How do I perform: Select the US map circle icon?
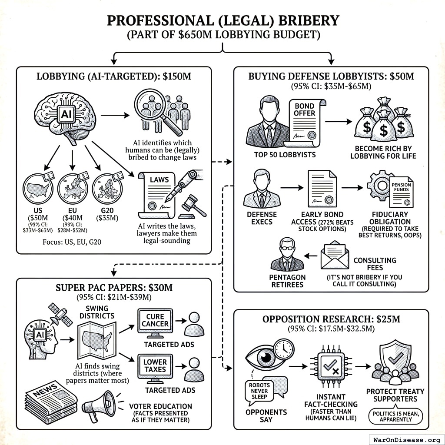click(38, 188)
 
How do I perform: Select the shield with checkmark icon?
click(395, 358)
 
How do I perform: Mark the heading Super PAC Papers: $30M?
click(114, 288)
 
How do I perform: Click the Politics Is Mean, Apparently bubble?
click(395, 415)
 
